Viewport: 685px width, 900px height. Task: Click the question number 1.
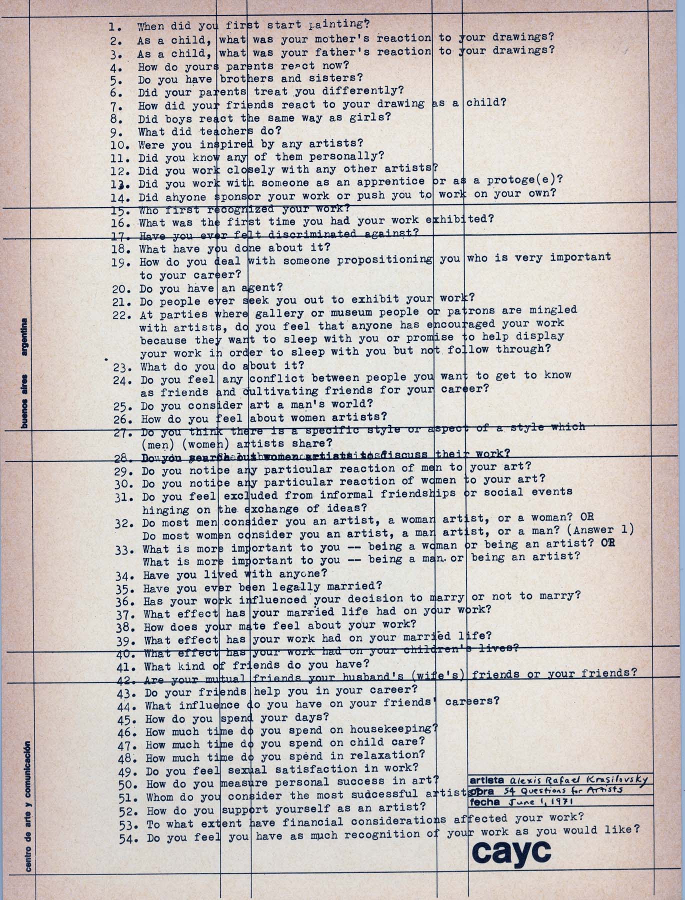click(114, 27)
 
